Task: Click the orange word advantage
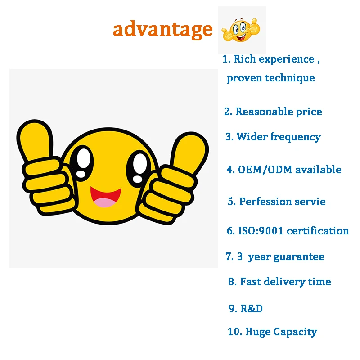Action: tap(162, 30)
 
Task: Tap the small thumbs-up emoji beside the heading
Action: tap(241, 31)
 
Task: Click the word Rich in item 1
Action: tap(245, 59)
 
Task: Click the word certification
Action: tap(318, 231)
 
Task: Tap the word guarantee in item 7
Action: tap(299, 257)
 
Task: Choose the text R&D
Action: tap(252, 309)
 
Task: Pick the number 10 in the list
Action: tap(234, 332)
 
